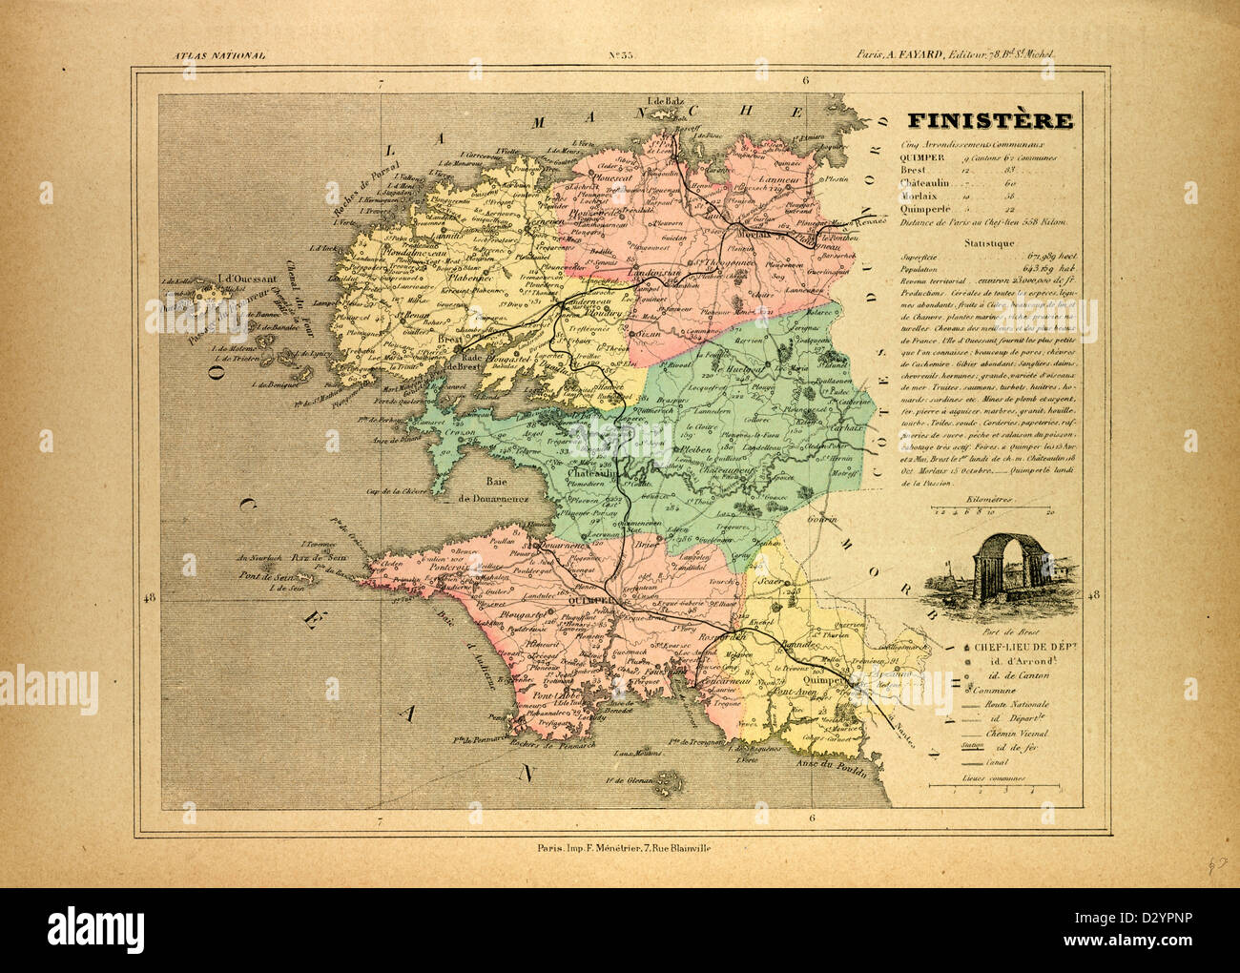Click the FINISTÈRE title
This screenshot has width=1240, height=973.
[987, 122]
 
